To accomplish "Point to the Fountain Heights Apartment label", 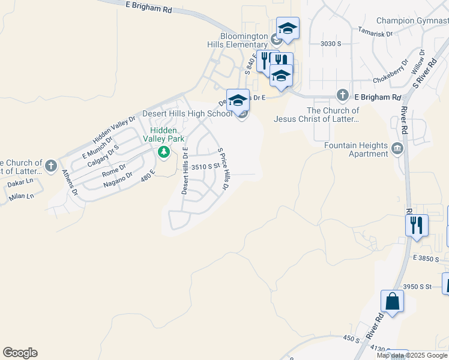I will click(356, 149).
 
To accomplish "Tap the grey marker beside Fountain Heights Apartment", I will click(397, 148).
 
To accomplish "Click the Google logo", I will click(20, 353).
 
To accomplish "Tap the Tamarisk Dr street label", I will click(375, 32).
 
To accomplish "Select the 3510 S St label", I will click(202, 166).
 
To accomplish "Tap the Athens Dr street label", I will click(70, 182).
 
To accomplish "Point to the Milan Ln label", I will click(21, 196).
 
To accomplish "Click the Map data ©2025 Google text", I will click(412, 355).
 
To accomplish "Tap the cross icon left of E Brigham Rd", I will click(342, 95).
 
